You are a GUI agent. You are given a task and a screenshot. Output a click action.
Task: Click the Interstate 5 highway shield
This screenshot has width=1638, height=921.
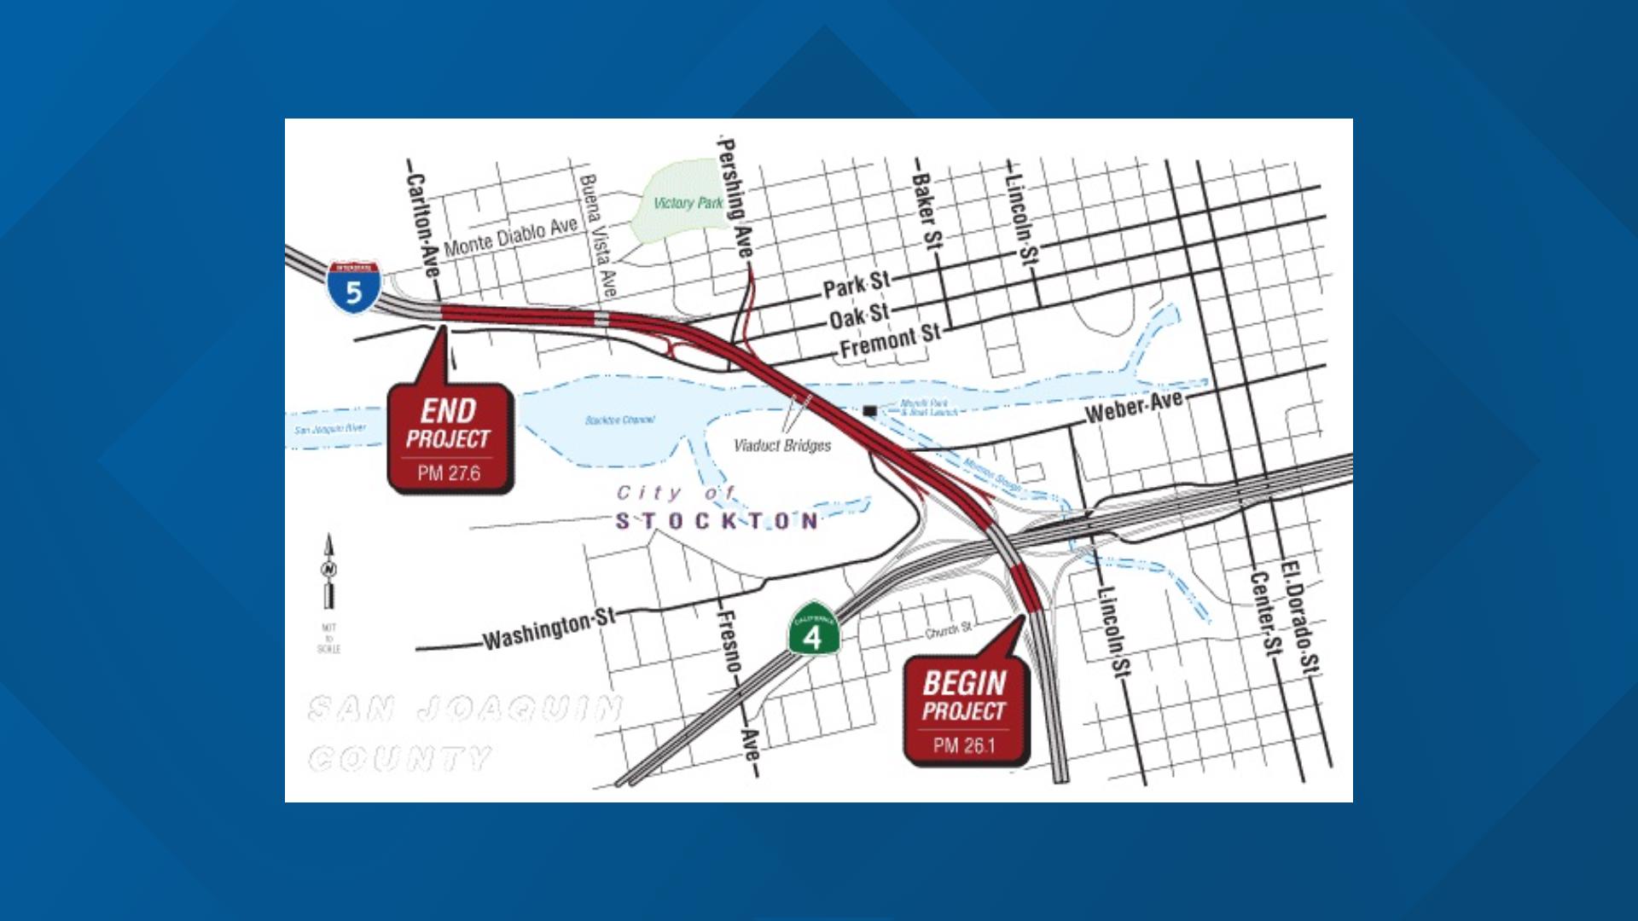click(x=353, y=288)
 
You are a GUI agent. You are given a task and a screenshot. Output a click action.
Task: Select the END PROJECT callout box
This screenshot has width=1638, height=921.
click(x=450, y=438)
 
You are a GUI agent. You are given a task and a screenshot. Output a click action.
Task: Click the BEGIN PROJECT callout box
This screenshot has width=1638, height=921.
click(x=966, y=710)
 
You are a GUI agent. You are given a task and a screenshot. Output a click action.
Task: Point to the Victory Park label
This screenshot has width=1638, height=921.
click(x=688, y=203)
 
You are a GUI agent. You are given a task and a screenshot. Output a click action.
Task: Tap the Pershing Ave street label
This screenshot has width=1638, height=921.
click(x=735, y=199)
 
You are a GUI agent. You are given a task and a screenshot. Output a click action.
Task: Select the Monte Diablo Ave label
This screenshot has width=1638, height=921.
click(x=510, y=235)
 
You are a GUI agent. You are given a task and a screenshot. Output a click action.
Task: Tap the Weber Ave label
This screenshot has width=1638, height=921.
click(x=1134, y=407)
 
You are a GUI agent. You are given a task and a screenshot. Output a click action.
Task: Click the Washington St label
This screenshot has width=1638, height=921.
click(x=549, y=629)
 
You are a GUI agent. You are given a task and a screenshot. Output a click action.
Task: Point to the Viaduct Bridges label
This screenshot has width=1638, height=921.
click(x=782, y=445)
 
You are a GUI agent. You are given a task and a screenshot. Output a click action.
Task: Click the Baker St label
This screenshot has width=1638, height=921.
click(x=924, y=210)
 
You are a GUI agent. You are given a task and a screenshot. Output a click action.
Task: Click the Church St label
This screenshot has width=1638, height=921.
click(x=949, y=631)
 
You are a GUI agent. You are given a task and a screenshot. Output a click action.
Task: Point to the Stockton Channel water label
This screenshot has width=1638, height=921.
click(x=620, y=420)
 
